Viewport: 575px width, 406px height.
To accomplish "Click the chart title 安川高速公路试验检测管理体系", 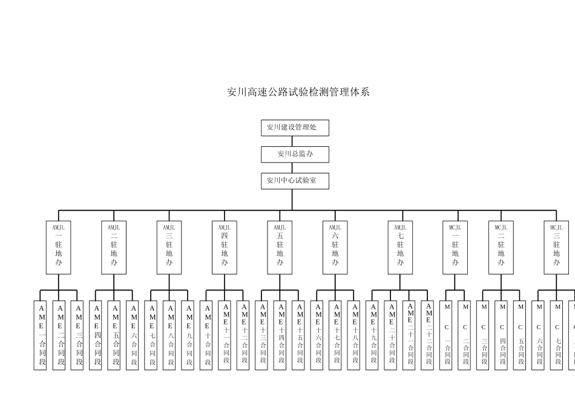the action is pyautogui.click(x=298, y=92).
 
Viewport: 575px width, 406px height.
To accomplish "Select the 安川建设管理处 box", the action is pyautogui.click(x=295, y=128).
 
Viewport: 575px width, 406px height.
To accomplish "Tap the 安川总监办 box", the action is pyautogui.click(x=295, y=154).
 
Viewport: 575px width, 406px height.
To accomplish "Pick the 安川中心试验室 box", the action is pyautogui.click(x=295, y=181).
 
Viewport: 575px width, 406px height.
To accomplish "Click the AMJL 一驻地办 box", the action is pyautogui.click(x=58, y=248).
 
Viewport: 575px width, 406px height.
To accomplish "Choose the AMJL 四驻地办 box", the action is pyautogui.click(x=225, y=248).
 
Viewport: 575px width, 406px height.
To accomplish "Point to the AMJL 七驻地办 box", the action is pyautogui.click(x=400, y=248).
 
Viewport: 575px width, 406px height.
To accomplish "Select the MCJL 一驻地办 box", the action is pyautogui.click(x=455, y=248).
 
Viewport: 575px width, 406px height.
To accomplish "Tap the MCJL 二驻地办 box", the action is pyautogui.click(x=501, y=248).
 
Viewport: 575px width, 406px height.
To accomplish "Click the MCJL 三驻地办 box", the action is pyautogui.click(x=556, y=248).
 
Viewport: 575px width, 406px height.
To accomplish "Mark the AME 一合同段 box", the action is pyautogui.click(x=40, y=335).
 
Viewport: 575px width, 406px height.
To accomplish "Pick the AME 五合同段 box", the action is pyautogui.click(x=114, y=335).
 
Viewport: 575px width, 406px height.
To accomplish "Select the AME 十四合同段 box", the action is pyautogui.click(x=280, y=335).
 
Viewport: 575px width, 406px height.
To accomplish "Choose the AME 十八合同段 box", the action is pyautogui.click(x=354, y=335).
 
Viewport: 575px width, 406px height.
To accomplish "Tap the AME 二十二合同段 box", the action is pyautogui.click(x=427, y=335).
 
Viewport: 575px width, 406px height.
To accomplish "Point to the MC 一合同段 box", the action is pyautogui.click(x=446, y=335).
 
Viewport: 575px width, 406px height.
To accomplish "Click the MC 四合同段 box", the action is pyautogui.click(x=502, y=335).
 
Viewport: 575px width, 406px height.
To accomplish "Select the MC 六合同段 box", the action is pyautogui.click(x=539, y=335).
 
